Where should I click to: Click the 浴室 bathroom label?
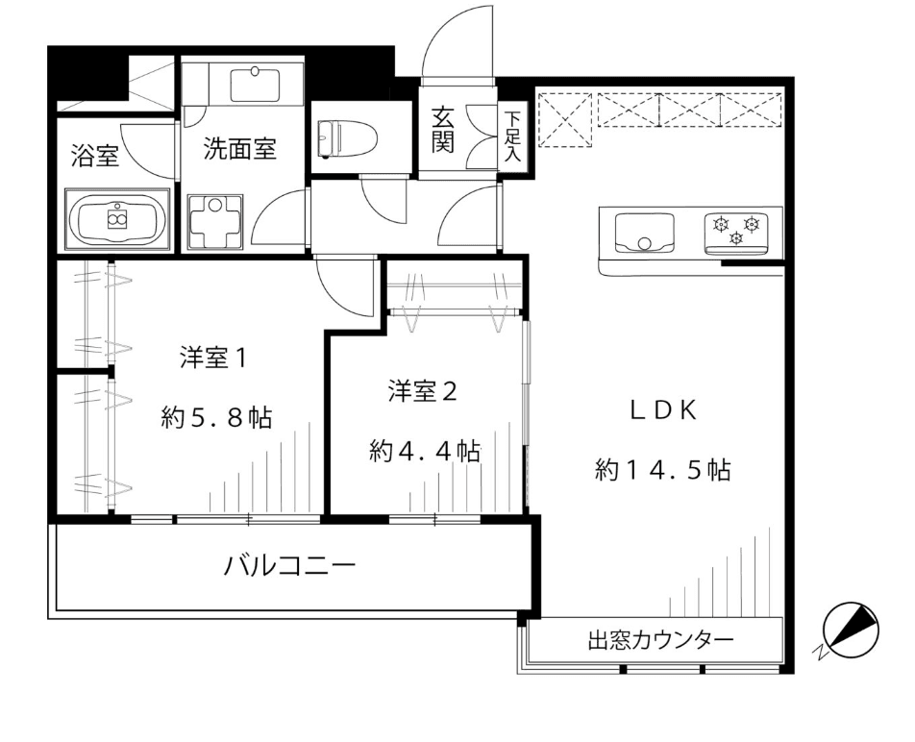tap(95, 156)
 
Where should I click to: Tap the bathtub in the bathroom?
tap(118, 220)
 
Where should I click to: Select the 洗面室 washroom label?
tap(239, 149)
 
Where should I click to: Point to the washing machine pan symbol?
tap(215, 222)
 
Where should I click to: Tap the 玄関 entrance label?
tap(442, 130)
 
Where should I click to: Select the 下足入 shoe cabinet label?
tap(512, 136)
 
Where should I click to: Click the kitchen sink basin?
tap(644, 233)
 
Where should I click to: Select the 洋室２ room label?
tap(423, 391)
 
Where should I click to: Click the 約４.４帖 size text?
tap(425, 451)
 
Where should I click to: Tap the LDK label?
tap(663, 411)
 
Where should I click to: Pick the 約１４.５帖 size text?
tap(663, 469)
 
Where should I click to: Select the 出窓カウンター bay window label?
tap(660, 640)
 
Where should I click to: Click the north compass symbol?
tap(850, 630)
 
